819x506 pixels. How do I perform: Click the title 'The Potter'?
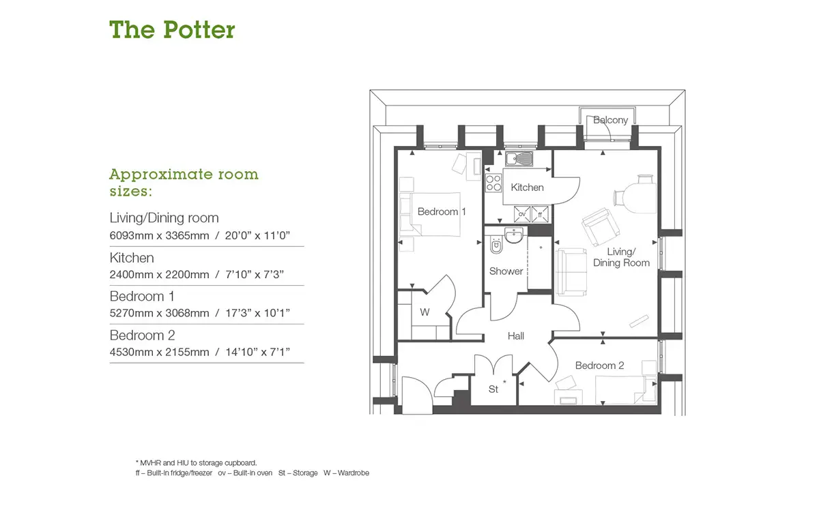pos(172,29)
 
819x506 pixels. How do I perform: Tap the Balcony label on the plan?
pos(610,120)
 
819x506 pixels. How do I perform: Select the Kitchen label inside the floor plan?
pos(527,188)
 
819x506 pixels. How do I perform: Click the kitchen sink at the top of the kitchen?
pos(519,159)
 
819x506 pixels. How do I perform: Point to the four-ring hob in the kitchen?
pos(493,183)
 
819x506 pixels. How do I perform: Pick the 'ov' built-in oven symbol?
pos(521,214)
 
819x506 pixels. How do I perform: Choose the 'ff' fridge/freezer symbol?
pos(540,214)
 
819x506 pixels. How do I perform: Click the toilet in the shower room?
pos(496,245)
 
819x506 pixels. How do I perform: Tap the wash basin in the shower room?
pos(514,235)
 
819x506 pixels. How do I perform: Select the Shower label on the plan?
pos(506,271)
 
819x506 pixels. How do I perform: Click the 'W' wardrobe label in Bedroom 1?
pos(425,312)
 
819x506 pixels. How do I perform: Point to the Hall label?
pos(515,336)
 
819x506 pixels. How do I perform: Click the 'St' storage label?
pos(493,389)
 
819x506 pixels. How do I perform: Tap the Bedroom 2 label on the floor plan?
pos(599,366)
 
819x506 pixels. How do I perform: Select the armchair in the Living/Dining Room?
pos(601,226)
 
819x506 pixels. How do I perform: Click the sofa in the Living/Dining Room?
pos(571,272)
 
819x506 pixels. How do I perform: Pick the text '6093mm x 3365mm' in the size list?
pos(160,236)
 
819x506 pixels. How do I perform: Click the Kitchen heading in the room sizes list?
pos(132,258)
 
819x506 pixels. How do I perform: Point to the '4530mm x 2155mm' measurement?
pos(160,352)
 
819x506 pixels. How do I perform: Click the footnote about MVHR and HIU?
pos(197,463)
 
